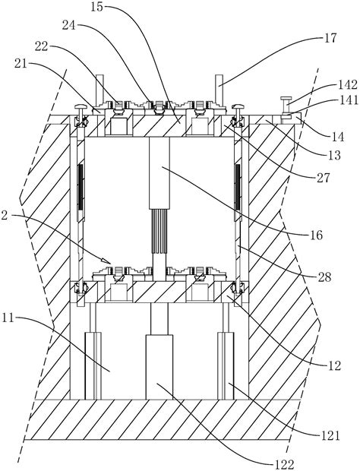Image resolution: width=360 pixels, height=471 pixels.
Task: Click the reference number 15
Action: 96,7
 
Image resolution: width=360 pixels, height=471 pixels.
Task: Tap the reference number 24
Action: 69,25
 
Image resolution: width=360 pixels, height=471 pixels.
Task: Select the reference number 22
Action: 42,46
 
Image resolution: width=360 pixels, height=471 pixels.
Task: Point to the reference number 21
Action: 20,64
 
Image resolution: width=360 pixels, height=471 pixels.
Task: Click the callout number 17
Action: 330,38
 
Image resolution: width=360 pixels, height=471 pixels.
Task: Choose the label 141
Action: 349,100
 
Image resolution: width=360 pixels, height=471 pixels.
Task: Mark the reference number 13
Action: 334,155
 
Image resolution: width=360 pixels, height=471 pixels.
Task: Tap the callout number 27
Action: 323,178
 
